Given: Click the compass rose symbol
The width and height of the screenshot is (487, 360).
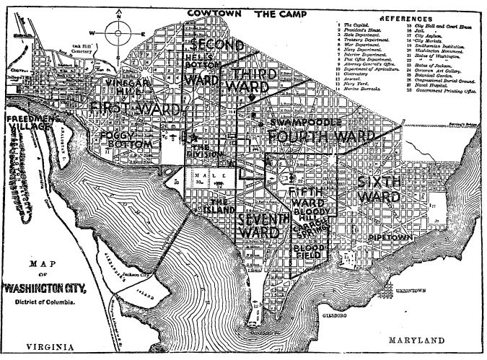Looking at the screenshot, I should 116,32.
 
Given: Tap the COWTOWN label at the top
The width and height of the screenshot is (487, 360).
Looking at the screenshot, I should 213,13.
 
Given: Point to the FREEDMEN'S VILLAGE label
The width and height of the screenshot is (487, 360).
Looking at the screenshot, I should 27,122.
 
